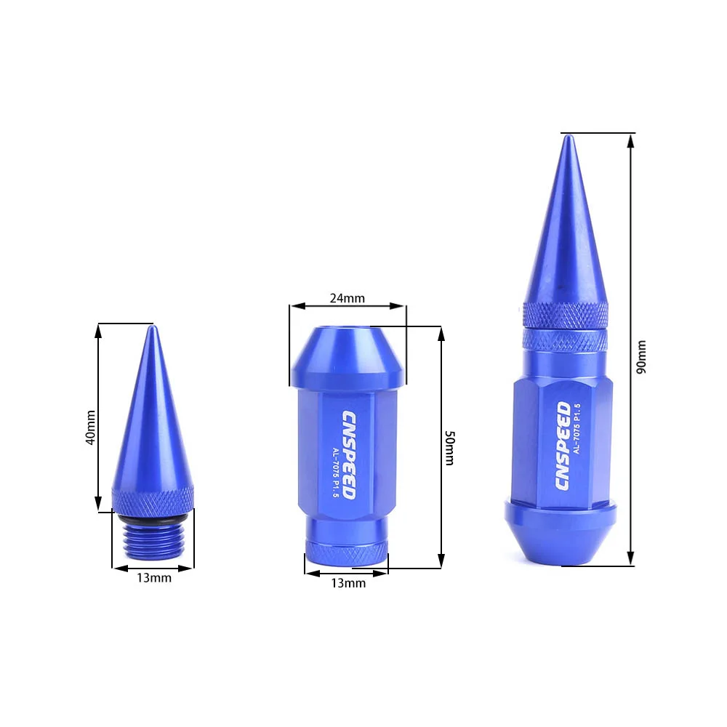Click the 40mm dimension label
91,427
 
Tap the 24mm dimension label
348,298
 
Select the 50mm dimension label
450,447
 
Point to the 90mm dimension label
640,357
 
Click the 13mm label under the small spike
154,578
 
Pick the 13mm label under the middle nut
348,583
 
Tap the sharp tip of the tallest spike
569,136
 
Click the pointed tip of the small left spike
152,326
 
